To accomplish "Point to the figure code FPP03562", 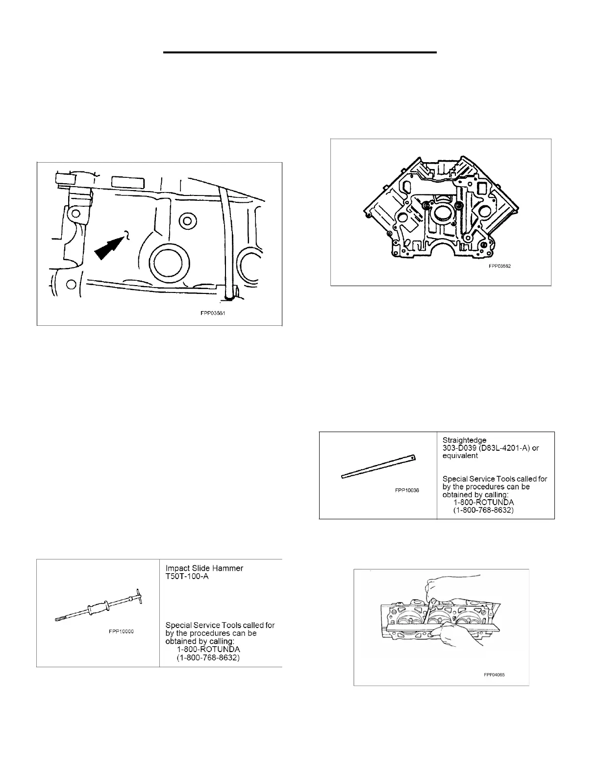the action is [x=500, y=267].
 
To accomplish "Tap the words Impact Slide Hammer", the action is [x=204, y=568].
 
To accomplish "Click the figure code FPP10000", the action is [x=122, y=631].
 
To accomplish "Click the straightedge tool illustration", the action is [x=379, y=466].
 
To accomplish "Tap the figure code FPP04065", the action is [x=494, y=675].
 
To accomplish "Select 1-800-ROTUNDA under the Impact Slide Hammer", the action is [x=208, y=649].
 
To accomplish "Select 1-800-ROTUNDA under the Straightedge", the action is [x=483, y=503].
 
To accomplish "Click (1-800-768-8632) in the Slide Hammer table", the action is [x=208, y=657].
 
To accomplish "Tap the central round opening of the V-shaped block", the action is [x=442, y=215].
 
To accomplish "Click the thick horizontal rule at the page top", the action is [x=300, y=52].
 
